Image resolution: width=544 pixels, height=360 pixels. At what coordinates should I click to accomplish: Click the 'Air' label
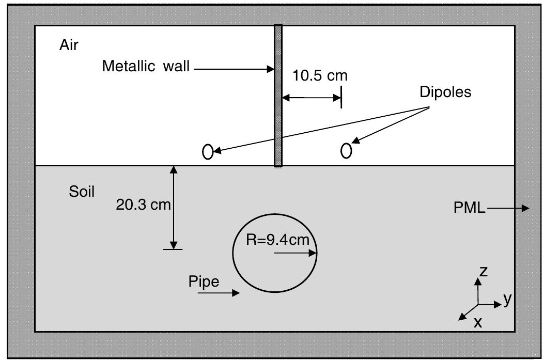tap(69, 45)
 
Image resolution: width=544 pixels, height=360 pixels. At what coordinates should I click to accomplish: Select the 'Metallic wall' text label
tap(146, 67)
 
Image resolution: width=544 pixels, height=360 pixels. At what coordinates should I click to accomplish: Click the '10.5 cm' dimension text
tap(320, 76)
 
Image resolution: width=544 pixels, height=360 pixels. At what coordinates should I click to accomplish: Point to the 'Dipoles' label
tap(445, 92)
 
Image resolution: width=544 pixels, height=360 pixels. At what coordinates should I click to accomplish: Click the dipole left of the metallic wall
tap(208, 152)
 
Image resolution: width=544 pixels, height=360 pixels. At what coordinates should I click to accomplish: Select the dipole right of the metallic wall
tap(346, 150)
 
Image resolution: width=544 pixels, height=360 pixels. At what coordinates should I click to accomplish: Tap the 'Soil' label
tap(82, 192)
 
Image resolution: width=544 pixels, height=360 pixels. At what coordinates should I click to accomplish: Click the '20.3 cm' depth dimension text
tap(143, 205)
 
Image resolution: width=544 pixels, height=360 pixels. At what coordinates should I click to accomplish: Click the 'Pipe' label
tap(204, 282)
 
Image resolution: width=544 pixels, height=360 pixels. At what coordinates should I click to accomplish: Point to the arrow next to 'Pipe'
tap(226, 293)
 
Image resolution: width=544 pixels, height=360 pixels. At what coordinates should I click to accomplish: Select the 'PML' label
tap(469, 208)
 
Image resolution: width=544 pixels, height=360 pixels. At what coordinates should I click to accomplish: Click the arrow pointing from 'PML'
tap(508, 208)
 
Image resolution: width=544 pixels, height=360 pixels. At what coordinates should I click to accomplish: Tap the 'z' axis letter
tap(483, 271)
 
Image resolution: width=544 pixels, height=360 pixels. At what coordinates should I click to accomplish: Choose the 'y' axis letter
tap(507, 299)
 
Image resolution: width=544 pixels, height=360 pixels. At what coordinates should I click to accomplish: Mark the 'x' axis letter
tap(478, 323)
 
